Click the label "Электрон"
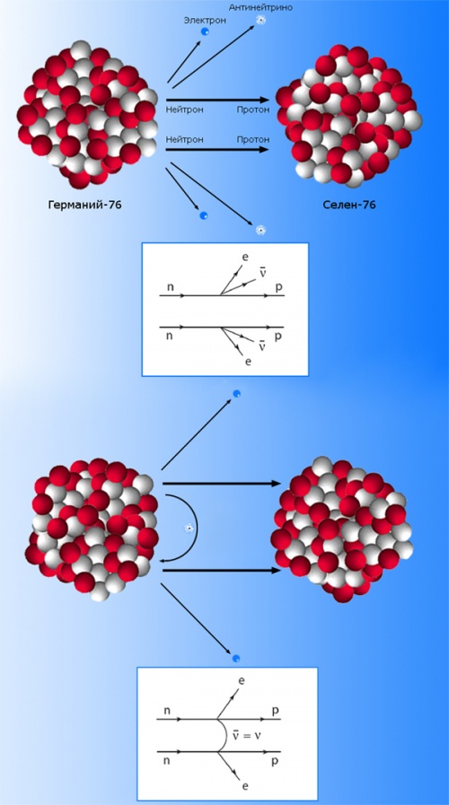pyautogui.click(x=199, y=21)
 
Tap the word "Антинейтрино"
pyautogui.click(x=260, y=8)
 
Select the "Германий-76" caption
pyautogui.click(x=85, y=206)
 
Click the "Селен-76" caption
pyautogui.click(x=349, y=206)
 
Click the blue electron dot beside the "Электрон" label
pyautogui.click(x=205, y=31)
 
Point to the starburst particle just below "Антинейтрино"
pyautogui.click(x=260, y=21)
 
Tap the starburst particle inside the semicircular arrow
pyautogui.click(x=189, y=529)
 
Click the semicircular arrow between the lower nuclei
pyautogui.click(x=198, y=528)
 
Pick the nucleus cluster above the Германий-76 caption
pyautogui.click(x=86, y=114)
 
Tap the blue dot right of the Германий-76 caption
pyautogui.click(x=204, y=215)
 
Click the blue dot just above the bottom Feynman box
pyautogui.click(x=236, y=658)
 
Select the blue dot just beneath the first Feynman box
pyautogui.click(x=236, y=394)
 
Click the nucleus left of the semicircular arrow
pyautogui.click(x=92, y=529)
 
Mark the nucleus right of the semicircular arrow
pyautogui.click(x=341, y=529)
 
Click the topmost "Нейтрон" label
pyautogui.click(x=184, y=109)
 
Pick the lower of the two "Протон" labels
pyautogui.click(x=253, y=139)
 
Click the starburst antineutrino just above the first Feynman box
pyautogui.click(x=261, y=230)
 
